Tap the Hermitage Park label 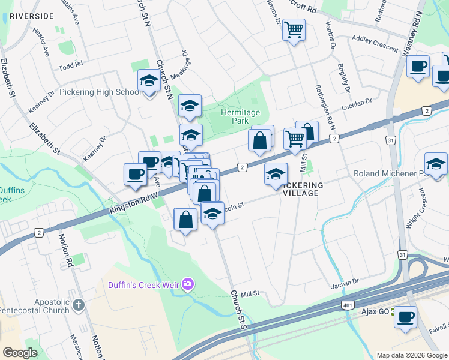(240, 116)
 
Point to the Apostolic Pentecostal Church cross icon (78, 306)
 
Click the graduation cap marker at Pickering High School (148, 81)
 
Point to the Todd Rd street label (70, 65)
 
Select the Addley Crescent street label (375, 44)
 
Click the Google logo (20, 353)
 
